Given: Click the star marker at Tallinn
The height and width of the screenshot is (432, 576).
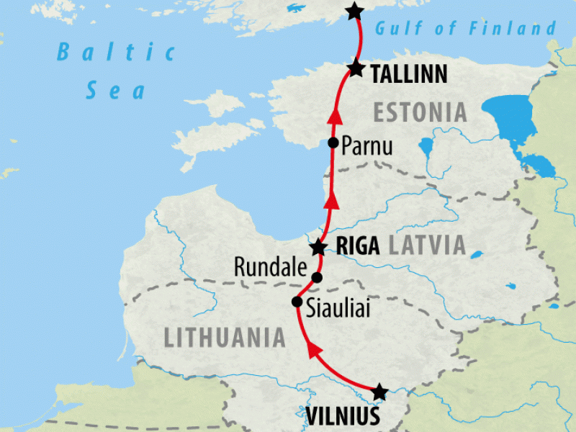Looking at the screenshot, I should pos(356,68).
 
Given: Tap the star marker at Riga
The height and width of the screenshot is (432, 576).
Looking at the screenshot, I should pos(318,248).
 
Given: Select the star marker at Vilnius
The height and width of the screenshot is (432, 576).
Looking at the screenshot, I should pos(379,392).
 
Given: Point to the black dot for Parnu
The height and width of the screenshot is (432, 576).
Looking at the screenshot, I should pos(333,143).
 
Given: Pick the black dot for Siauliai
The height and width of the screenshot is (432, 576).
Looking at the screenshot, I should pos(296,302).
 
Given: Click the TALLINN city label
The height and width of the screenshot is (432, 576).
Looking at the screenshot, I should pos(409,73).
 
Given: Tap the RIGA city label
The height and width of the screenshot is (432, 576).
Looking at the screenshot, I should pos(357,246).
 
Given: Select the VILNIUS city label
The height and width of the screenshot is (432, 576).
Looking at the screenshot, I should pos(343,417).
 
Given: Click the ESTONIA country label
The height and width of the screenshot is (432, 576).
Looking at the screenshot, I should pos(420,112).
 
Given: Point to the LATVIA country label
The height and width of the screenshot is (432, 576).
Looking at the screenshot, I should pos(427,246).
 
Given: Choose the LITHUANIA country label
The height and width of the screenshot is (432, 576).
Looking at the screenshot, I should pos(225,337).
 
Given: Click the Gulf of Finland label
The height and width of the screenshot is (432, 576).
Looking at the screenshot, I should pos(466,29).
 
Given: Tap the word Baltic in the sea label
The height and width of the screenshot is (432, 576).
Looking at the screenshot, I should pos(117,53).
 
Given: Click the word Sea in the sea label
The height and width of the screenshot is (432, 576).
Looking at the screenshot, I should pos(115,91).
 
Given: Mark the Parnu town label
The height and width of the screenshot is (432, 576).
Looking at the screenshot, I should pos(367,147).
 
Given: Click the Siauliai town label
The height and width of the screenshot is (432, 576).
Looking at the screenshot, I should pos(337,308).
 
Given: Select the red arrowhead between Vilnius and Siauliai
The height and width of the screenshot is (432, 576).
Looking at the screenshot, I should pos(315,351).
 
